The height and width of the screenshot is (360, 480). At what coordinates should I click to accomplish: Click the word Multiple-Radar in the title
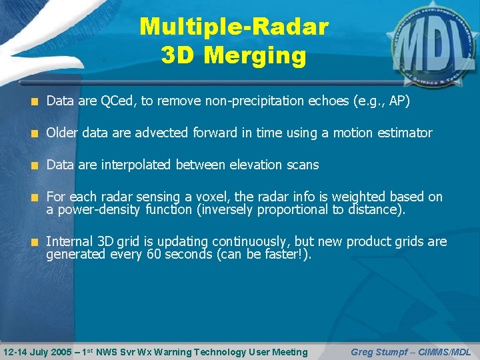coord(234,27)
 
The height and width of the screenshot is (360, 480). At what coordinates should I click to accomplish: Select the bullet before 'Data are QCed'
coord(35,102)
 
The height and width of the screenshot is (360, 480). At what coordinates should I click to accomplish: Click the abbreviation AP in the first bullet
coord(396,101)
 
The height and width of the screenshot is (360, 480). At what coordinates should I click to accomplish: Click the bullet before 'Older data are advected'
coord(35,133)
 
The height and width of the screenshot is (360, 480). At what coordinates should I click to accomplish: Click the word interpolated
coord(136,165)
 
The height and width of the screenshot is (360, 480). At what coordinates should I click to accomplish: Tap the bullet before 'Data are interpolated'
coord(35,165)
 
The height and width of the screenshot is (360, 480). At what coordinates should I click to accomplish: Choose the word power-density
coord(97,209)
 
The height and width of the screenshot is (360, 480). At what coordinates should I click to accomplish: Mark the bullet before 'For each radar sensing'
coord(35,197)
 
